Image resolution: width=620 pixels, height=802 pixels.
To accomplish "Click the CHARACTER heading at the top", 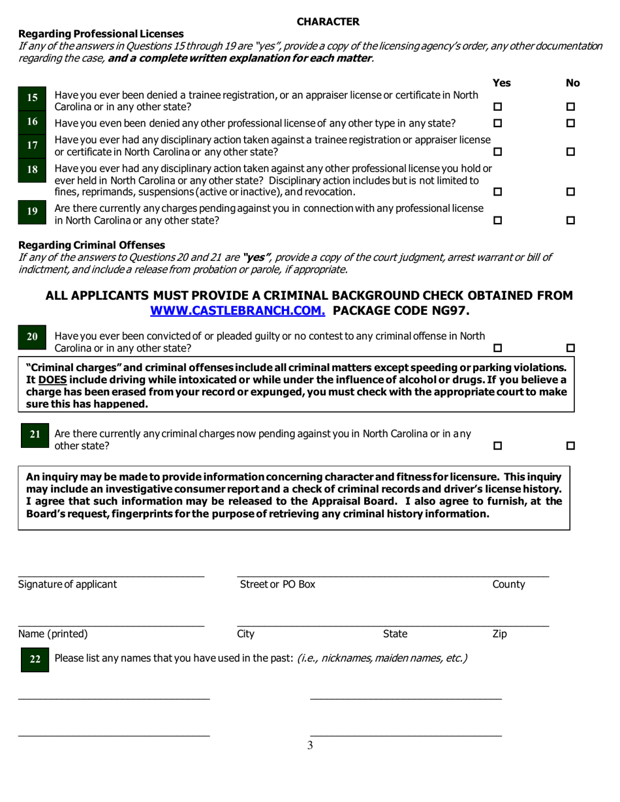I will tap(328, 22).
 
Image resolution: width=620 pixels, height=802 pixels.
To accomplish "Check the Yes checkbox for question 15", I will tap(498, 107).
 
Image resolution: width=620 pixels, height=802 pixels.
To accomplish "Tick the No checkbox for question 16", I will tap(570, 123).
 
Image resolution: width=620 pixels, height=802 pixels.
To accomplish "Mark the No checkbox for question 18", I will tap(570, 192).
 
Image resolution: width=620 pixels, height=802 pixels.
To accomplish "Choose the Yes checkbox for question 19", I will tap(498, 220).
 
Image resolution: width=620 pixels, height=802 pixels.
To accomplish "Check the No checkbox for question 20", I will tap(570, 348).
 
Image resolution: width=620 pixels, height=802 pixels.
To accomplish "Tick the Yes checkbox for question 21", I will tap(498, 446).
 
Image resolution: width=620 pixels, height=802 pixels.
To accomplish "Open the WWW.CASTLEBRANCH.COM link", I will tap(238, 310).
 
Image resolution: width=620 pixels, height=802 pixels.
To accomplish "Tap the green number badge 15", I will tap(32, 98).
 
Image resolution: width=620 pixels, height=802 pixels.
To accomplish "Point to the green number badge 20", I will tap(32, 337).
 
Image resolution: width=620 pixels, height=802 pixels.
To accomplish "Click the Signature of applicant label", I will tap(68, 584).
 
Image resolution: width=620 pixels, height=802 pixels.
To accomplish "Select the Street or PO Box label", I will tap(277, 584).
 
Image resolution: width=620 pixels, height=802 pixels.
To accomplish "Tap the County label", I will tap(508, 584).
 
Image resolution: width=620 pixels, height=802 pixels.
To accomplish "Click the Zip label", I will tap(499, 634).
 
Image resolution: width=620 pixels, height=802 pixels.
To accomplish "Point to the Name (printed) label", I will tap(53, 634).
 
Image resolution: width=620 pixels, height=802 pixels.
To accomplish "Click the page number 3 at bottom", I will tap(310, 746).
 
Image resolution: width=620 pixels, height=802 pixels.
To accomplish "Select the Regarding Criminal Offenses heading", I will tap(92, 245).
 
